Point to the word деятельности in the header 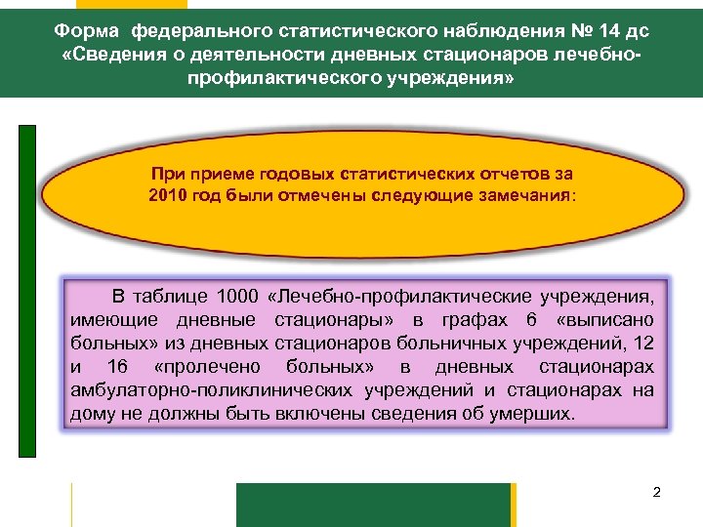point(234,55)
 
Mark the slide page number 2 point(657,492)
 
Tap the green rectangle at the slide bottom point(374,505)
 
